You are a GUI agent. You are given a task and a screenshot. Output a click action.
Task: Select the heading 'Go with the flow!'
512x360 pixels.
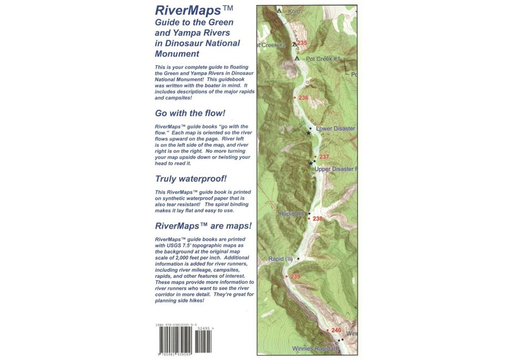coord(190,113)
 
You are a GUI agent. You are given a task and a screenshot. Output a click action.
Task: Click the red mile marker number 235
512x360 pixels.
coord(302,43)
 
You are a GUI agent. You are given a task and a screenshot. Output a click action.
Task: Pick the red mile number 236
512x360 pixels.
coord(303,97)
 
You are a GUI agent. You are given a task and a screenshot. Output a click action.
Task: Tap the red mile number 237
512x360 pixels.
coord(324,157)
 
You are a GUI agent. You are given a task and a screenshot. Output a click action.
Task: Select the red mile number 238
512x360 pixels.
coord(318,219)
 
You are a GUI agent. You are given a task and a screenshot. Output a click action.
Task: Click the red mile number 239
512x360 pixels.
coord(295,276)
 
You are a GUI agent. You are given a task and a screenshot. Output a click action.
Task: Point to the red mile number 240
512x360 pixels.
coord(336,331)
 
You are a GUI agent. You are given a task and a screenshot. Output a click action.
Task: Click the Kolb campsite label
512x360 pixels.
coord(294,11)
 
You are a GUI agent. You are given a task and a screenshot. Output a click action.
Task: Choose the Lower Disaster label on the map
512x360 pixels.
coord(335,128)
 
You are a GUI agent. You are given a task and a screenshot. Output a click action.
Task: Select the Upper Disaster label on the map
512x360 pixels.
coord(335,168)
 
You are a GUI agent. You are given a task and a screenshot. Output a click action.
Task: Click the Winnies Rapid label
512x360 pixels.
coord(314,349)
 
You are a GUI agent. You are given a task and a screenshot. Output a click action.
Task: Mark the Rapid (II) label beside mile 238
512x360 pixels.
coord(292,213)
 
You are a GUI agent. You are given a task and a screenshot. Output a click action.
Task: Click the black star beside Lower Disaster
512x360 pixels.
coord(309,133)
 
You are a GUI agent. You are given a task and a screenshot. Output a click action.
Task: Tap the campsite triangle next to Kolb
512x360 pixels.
coord(279,10)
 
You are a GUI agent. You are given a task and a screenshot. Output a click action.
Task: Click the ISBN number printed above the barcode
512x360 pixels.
coord(176,325)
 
